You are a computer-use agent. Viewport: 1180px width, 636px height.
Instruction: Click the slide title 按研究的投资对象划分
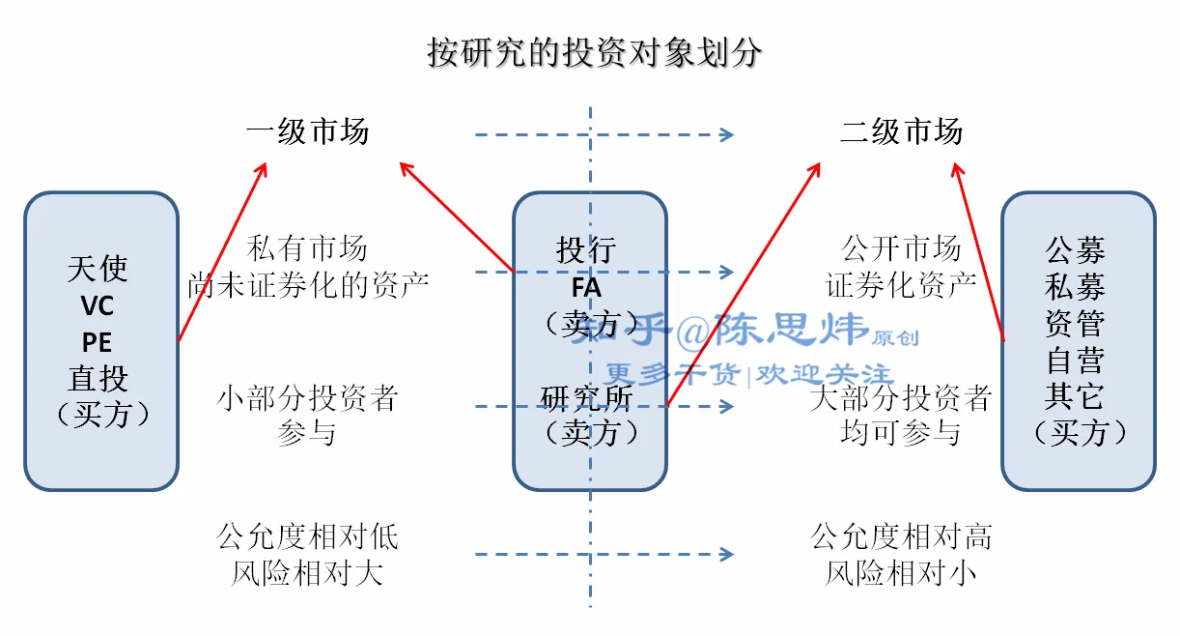[594, 52]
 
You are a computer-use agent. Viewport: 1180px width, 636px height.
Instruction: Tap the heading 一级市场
[307, 131]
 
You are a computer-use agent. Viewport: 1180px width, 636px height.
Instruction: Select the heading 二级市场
[901, 131]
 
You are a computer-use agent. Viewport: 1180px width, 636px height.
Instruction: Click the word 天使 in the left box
[98, 268]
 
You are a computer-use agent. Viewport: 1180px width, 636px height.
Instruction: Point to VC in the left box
[98, 305]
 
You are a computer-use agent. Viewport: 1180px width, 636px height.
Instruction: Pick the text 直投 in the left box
[98, 378]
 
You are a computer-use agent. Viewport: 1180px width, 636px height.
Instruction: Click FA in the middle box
[586, 287]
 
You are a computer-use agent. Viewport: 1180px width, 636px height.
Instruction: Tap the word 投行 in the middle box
[586, 250]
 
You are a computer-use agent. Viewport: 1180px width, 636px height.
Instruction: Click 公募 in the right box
[1075, 250]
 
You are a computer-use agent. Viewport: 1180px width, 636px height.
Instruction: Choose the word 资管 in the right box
[1075, 323]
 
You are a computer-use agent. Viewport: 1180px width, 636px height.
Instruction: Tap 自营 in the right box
[1075, 360]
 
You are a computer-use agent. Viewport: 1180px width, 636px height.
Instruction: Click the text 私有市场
[307, 248]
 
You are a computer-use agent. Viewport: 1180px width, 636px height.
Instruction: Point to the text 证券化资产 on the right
[901, 284]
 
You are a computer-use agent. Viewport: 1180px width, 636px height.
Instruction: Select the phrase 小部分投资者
[307, 397]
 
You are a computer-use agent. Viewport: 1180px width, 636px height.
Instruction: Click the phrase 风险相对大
[307, 573]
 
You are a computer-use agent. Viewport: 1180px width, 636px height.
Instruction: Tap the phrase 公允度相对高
[901, 536]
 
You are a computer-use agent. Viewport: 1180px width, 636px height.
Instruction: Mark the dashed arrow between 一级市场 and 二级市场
[604, 134]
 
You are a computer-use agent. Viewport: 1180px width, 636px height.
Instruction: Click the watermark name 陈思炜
[791, 332]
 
